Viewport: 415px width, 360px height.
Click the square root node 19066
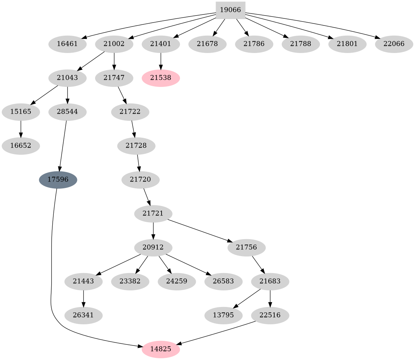click(230, 10)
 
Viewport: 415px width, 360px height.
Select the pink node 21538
click(161, 78)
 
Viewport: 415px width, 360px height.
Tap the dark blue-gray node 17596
click(58, 180)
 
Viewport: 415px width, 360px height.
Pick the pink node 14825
click(161, 349)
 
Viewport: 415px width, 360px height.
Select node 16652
click(21, 146)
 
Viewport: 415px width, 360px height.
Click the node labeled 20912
click(153, 248)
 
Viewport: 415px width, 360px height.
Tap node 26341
click(83, 315)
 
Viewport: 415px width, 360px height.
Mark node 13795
click(223, 315)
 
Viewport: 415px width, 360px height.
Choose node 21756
click(246, 248)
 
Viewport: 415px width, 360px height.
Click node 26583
click(223, 282)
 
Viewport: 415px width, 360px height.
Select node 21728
click(136, 146)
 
